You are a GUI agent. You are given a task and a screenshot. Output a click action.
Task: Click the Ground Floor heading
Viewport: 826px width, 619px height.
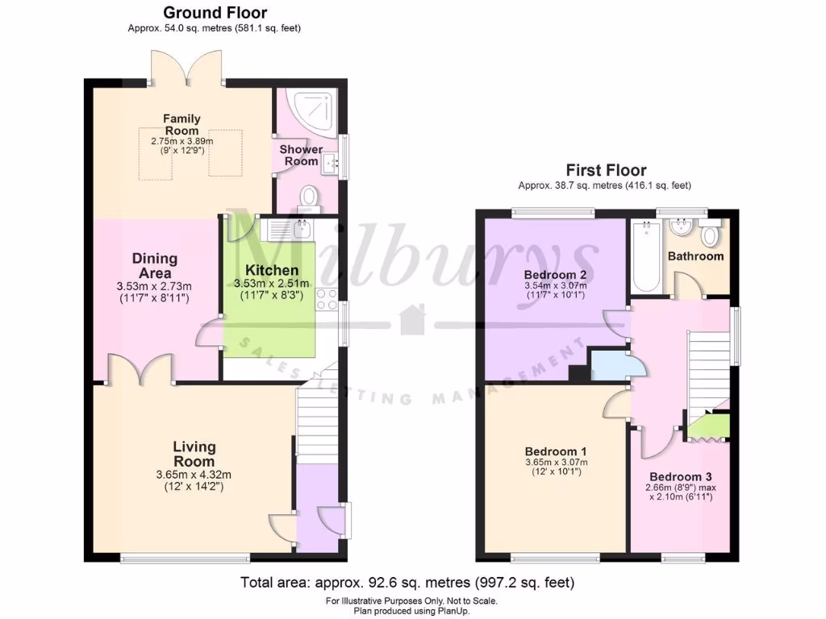[x=215, y=13]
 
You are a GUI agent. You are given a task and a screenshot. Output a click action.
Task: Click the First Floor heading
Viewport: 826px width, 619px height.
[x=606, y=170]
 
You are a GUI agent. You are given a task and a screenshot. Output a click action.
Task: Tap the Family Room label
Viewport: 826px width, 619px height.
[x=181, y=124]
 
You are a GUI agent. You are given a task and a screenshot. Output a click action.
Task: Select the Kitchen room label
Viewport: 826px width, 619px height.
[x=272, y=270]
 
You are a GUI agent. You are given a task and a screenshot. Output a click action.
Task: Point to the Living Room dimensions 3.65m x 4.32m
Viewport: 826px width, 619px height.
[x=194, y=475]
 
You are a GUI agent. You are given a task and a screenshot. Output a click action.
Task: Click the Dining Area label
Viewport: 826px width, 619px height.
[x=154, y=265]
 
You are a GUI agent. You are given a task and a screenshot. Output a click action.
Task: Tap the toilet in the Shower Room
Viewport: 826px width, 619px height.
[x=307, y=196]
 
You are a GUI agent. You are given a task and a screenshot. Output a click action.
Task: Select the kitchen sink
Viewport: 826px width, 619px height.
[x=292, y=230]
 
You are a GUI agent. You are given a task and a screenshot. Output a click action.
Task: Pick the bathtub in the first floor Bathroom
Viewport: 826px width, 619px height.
[x=645, y=256]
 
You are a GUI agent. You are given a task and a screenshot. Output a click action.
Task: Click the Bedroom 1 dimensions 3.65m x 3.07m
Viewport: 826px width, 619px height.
[x=556, y=463]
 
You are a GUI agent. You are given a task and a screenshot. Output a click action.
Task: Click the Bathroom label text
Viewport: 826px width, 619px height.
[x=695, y=256]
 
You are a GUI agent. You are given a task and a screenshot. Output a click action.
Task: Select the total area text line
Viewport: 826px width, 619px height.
[x=407, y=582]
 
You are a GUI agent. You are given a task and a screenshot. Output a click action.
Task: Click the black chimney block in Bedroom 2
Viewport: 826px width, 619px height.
[x=578, y=372]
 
